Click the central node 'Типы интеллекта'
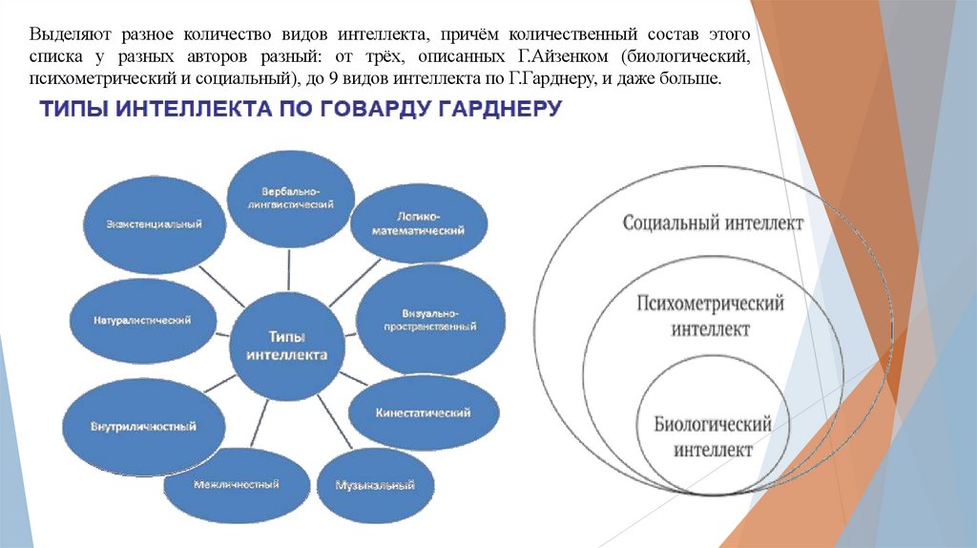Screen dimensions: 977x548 coord(286,346)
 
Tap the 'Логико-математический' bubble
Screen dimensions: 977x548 coord(418,223)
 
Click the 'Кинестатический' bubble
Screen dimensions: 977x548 coord(424,412)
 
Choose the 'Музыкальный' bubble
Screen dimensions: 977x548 coord(375,484)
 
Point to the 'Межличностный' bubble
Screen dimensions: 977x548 coord(236,484)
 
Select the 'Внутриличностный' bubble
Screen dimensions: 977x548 coord(144,426)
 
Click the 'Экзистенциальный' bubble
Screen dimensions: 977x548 coord(156,223)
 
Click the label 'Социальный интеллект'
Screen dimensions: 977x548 coord(713,222)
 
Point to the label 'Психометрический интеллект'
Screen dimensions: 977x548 coord(711,316)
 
